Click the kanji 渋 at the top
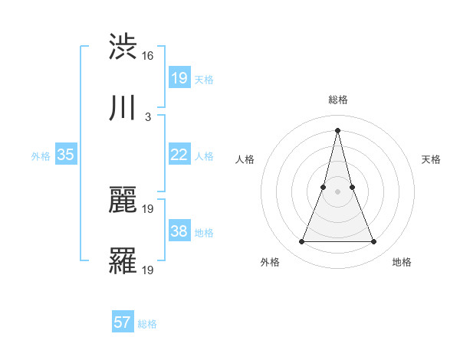click(x=123, y=47)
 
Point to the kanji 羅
click(x=123, y=261)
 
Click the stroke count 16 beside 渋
click(x=148, y=56)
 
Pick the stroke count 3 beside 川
click(x=148, y=117)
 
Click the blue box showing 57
click(x=123, y=322)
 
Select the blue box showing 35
click(x=65, y=155)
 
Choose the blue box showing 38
click(x=179, y=231)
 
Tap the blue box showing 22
click(x=179, y=155)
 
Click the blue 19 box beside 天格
click(x=179, y=78)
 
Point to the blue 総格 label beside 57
click(x=147, y=324)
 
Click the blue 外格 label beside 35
click(x=41, y=156)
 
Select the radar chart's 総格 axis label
click(x=337, y=100)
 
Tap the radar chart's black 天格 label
click(x=431, y=159)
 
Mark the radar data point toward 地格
click(x=374, y=242)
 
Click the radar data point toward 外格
click(x=301, y=242)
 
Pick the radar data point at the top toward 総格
click(x=337, y=129)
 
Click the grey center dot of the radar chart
click(x=337, y=191)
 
